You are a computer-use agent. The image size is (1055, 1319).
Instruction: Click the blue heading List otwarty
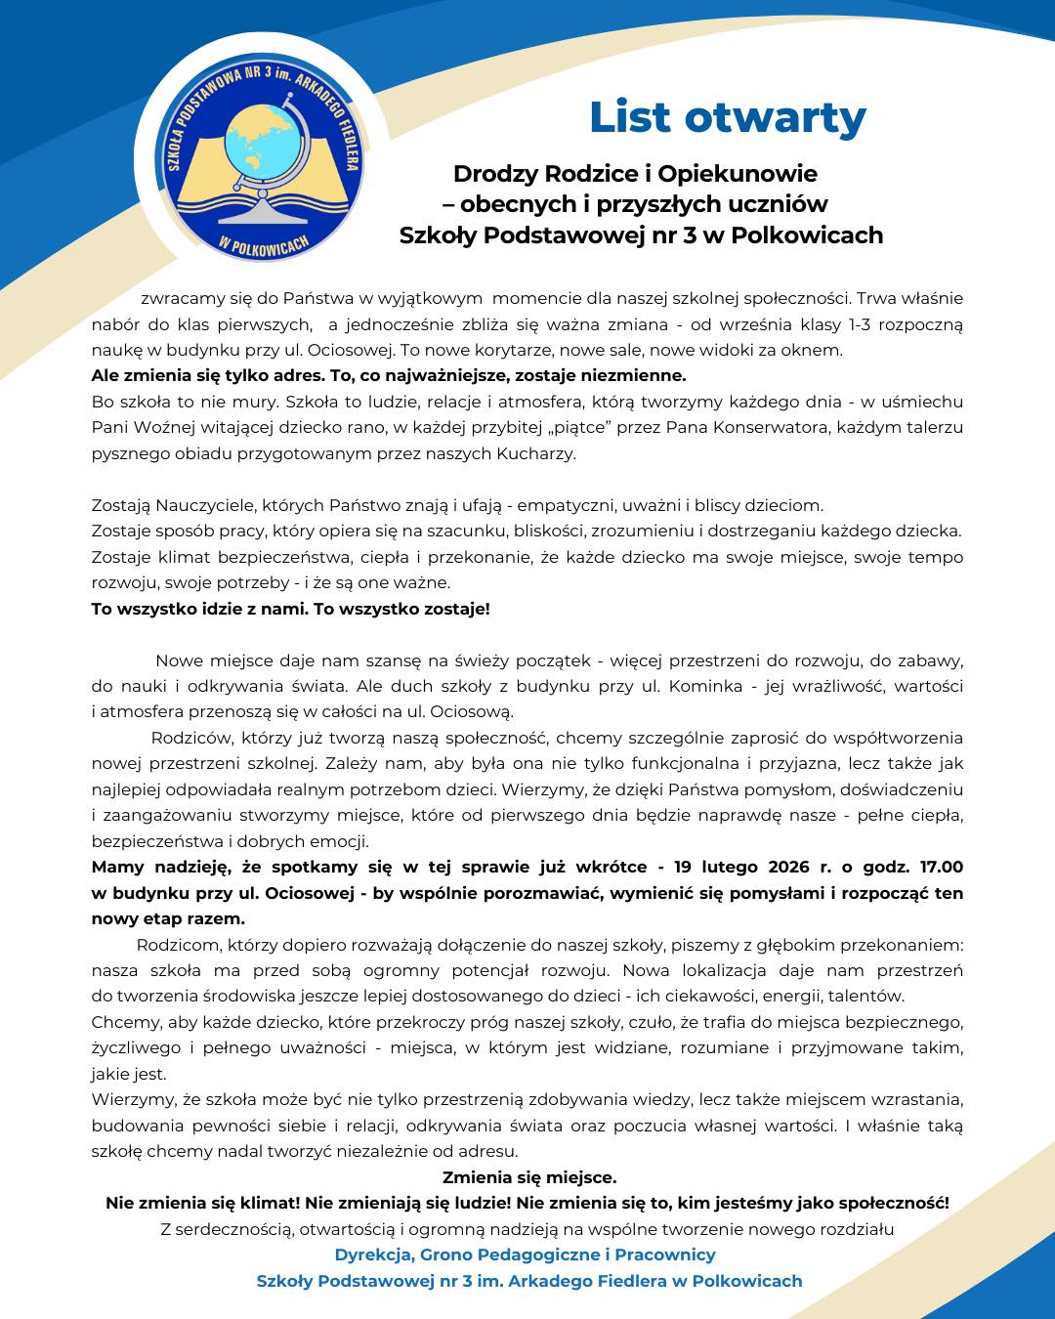[x=727, y=118]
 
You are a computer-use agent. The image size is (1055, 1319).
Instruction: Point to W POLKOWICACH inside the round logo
[x=264, y=245]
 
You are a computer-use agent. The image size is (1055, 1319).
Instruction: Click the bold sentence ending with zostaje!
[x=290, y=609]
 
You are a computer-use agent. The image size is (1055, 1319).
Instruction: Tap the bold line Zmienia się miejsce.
[x=529, y=1177]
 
